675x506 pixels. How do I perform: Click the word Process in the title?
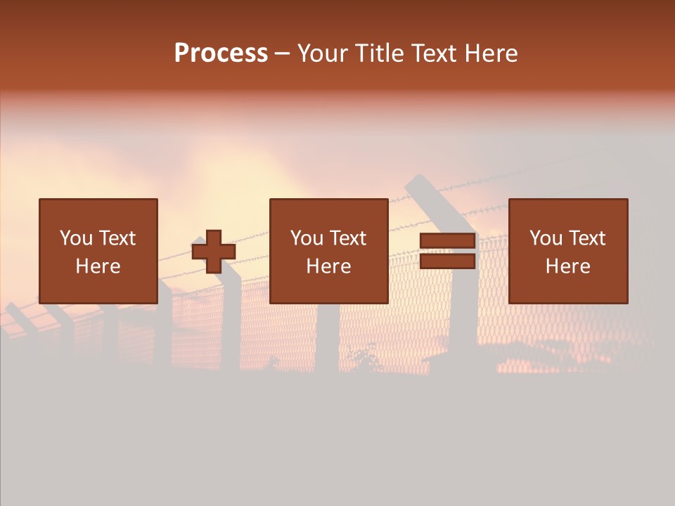coord(221,53)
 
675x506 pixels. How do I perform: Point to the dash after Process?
coord(282,54)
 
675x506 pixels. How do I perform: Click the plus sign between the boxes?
coord(214,252)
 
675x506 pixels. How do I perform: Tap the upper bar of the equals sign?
coord(447,242)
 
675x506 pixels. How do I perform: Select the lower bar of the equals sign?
coord(447,261)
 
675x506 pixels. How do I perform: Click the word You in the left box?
coord(76,238)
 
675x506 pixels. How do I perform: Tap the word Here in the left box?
coord(98,266)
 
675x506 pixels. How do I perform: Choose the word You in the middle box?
coord(307,238)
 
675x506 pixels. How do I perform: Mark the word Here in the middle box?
coord(328,266)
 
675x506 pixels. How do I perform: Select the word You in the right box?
coord(546,238)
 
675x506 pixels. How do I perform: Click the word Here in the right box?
coord(567,266)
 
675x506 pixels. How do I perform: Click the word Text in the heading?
coord(430,53)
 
